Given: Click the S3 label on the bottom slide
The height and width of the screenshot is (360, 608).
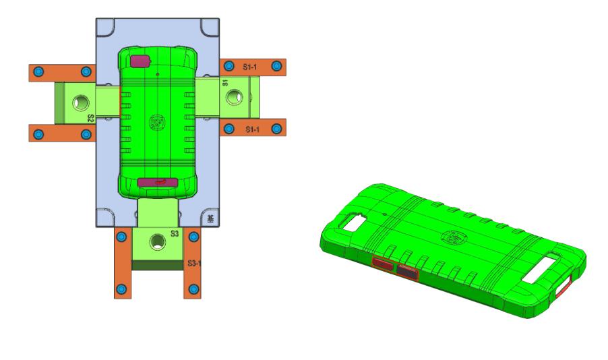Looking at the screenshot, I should [174, 233].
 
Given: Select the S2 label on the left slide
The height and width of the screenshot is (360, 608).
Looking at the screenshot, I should [90, 118].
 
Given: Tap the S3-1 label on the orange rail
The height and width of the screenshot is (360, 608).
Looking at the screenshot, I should [195, 262].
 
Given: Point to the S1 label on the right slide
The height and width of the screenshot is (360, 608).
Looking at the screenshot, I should [225, 82].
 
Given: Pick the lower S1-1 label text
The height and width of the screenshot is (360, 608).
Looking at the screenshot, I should [253, 128].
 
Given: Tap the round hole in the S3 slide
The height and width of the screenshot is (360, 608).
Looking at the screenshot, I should [158, 241].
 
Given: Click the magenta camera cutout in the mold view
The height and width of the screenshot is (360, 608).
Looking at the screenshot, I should [140, 61].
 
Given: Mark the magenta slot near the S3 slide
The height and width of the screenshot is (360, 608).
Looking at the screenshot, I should [157, 182].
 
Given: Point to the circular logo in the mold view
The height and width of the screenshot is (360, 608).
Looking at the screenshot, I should [156, 123].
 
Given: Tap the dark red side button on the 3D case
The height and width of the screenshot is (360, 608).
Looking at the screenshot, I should [407, 271].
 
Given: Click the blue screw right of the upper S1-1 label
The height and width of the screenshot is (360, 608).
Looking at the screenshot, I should [276, 66].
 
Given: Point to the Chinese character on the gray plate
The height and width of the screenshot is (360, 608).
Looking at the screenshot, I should [211, 218].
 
